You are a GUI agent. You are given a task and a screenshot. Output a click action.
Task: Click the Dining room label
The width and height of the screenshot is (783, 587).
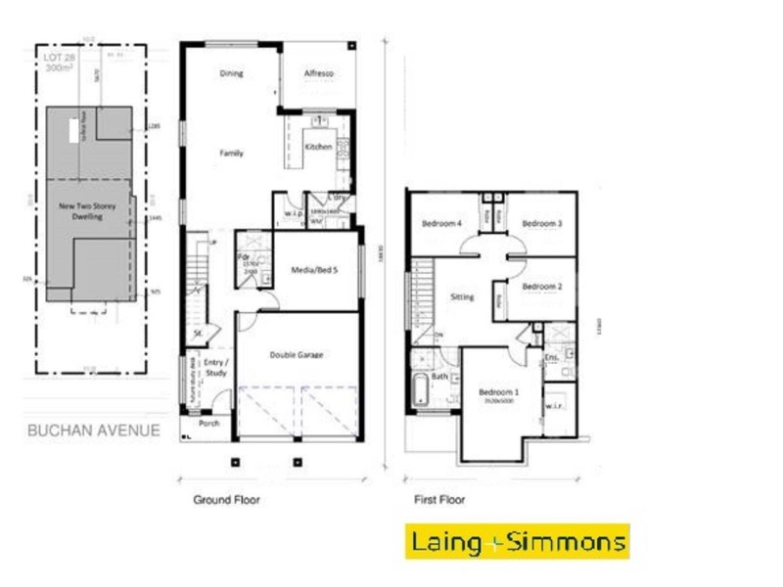[x=231, y=73]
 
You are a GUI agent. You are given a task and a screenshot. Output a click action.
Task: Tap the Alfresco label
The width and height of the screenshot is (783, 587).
[x=319, y=73]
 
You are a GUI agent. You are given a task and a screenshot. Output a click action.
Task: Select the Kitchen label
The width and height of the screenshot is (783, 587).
[x=319, y=147]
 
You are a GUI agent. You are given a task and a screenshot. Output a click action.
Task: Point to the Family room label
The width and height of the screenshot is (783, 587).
[x=231, y=154]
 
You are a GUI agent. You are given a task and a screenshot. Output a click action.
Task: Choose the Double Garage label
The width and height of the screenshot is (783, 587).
[x=297, y=355]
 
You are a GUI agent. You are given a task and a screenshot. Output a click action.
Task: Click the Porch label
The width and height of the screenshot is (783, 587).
[x=208, y=425]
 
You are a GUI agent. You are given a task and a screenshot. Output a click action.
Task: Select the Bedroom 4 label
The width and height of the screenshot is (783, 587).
[x=441, y=224]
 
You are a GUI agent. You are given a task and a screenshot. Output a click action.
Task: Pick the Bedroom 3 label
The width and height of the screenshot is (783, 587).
[x=541, y=224]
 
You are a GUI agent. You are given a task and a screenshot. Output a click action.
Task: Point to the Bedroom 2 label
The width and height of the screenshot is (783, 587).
[x=541, y=287]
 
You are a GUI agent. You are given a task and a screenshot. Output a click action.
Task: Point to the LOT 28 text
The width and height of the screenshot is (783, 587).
[x=59, y=58]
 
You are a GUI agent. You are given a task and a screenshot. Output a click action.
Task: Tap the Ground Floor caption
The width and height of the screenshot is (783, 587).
[x=226, y=500]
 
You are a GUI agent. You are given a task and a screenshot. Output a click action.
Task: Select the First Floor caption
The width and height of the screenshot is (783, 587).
[x=439, y=500]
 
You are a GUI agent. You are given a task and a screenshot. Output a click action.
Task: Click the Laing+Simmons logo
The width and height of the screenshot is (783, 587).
[x=518, y=541]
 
